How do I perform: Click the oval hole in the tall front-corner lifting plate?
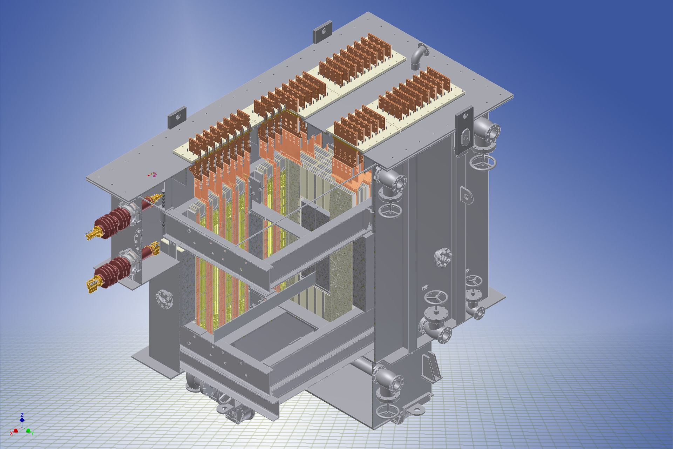point(465,138)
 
